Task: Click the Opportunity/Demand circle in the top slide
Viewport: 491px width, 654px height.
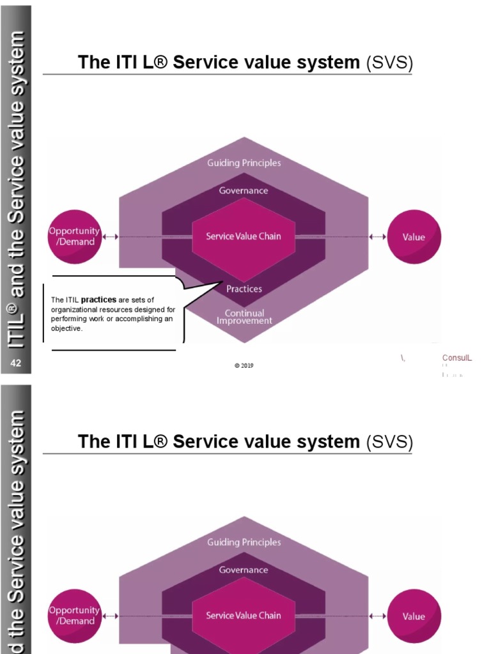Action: pyautogui.click(x=74, y=236)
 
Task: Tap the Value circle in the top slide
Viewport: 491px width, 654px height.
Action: pyautogui.click(x=414, y=237)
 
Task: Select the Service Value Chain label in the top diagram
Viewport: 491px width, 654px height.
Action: pyautogui.click(x=243, y=236)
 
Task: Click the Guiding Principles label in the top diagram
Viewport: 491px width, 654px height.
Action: pyautogui.click(x=244, y=163)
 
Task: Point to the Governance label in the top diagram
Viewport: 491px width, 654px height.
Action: pyautogui.click(x=244, y=190)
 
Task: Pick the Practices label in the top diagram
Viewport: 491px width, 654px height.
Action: pyautogui.click(x=244, y=289)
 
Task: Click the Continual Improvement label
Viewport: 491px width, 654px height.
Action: pyautogui.click(x=244, y=317)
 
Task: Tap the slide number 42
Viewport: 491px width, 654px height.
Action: pyautogui.click(x=16, y=363)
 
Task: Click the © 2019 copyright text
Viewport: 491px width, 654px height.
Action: pyautogui.click(x=244, y=366)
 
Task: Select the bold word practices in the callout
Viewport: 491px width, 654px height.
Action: pyautogui.click(x=98, y=300)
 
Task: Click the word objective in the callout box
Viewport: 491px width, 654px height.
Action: pyautogui.click(x=66, y=329)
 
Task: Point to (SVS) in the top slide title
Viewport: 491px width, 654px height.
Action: pyautogui.click(x=389, y=63)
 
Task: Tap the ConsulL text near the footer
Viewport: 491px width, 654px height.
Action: pyautogui.click(x=457, y=358)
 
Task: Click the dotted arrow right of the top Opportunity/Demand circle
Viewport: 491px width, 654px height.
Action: pyautogui.click(x=111, y=237)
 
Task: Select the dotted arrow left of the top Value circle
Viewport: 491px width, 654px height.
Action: pyautogui.click(x=378, y=237)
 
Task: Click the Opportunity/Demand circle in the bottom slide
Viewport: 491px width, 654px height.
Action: pyautogui.click(x=74, y=616)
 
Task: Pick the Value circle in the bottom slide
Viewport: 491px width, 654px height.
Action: pyautogui.click(x=414, y=616)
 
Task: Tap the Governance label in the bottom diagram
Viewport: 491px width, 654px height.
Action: pyautogui.click(x=244, y=570)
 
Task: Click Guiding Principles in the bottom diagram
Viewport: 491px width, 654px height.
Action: pyautogui.click(x=244, y=542)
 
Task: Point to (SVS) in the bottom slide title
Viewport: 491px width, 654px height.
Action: pyautogui.click(x=389, y=442)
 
